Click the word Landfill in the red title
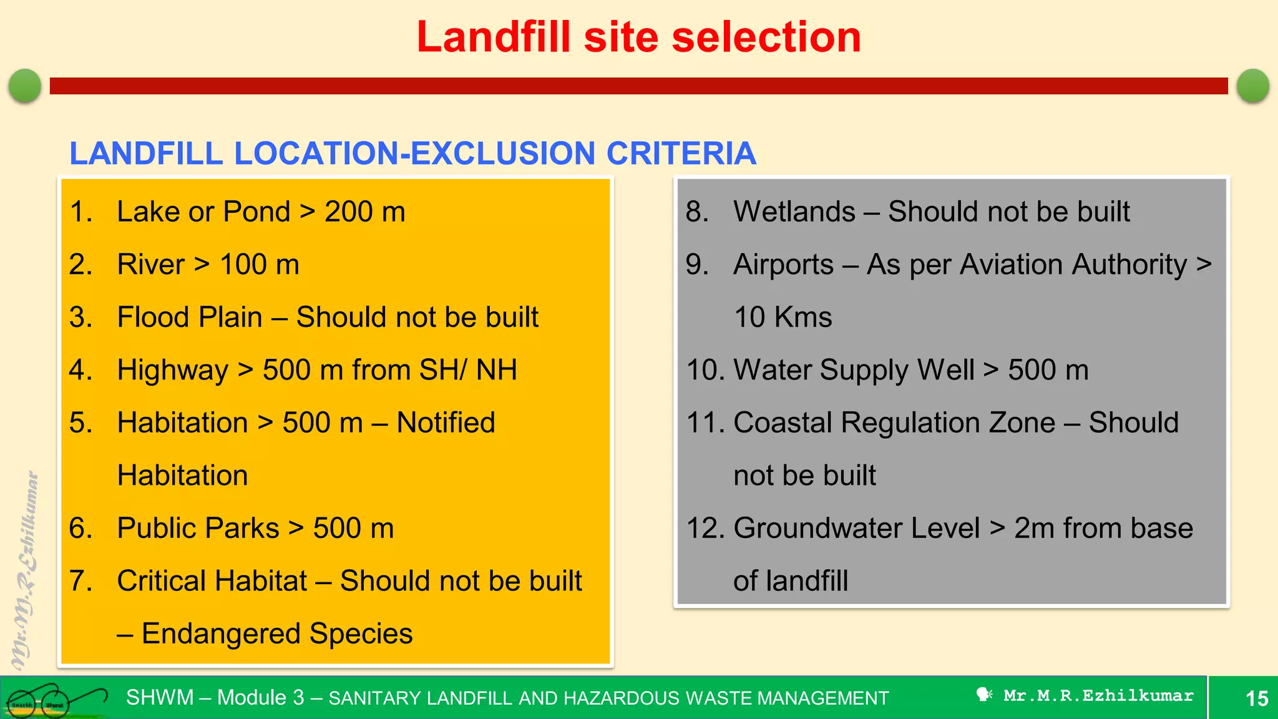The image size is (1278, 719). [494, 37]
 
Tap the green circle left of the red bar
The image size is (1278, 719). [25, 86]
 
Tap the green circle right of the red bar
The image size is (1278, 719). [1252, 86]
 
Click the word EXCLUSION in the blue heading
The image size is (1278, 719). [503, 154]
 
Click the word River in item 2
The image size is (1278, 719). [150, 264]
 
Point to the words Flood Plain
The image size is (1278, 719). [190, 317]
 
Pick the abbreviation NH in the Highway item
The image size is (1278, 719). [497, 369]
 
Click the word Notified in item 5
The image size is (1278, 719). [446, 423]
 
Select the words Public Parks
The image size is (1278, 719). [198, 528]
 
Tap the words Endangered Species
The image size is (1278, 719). [276, 633]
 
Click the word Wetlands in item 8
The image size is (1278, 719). [794, 212]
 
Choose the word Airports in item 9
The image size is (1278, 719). [783, 265]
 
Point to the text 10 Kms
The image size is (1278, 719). [783, 317]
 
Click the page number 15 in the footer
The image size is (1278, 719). [1256, 698]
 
